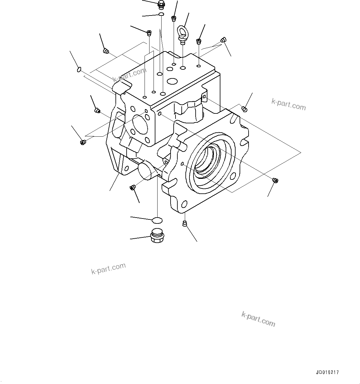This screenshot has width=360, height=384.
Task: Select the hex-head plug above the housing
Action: [161, 4]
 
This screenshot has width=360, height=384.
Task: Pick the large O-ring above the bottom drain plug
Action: [157, 220]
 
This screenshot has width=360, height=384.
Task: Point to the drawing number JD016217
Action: [327, 372]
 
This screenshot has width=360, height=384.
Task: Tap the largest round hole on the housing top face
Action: [172, 82]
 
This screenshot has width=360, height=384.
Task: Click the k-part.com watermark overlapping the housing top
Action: [130, 75]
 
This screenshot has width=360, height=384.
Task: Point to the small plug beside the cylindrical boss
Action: [132, 187]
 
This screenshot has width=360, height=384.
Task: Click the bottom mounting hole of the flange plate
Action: [184, 204]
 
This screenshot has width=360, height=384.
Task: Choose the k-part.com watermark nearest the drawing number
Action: [258, 319]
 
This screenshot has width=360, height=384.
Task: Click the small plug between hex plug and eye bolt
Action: [174, 18]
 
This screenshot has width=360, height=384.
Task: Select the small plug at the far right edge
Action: [275, 180]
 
